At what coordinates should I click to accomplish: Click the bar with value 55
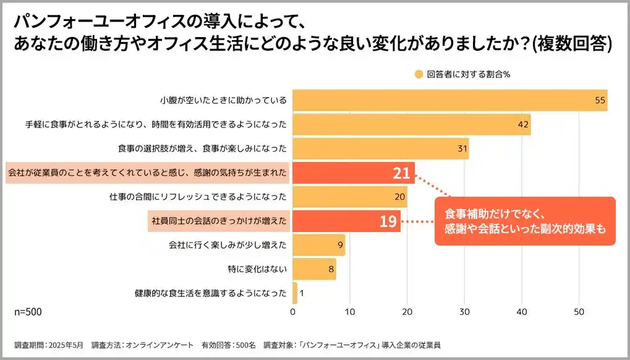(449, 100)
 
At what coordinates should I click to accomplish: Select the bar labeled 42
(411, 124)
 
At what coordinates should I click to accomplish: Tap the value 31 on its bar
(460, 148)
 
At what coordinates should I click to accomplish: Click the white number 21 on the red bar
(401, 173)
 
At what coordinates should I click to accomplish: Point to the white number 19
(388, 221)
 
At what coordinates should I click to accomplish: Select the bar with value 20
(349, 197)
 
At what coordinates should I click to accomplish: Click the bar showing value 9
(318, 245)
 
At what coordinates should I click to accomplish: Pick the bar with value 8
(314, 269)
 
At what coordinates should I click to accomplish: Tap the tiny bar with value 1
(295, 293)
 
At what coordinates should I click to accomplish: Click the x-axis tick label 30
(464, 312)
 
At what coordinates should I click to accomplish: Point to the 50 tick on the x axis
(579, 312)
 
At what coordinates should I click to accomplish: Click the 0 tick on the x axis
(292, 312)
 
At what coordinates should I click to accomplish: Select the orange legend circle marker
(419, 74)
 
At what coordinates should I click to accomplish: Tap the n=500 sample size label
(28, 312)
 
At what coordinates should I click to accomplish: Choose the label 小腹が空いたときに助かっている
(223, 100)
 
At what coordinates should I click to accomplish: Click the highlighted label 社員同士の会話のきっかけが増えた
(219, 221)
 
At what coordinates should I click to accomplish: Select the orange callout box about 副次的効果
(525, 221)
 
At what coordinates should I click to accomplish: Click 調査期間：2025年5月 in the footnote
(48, 345)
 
